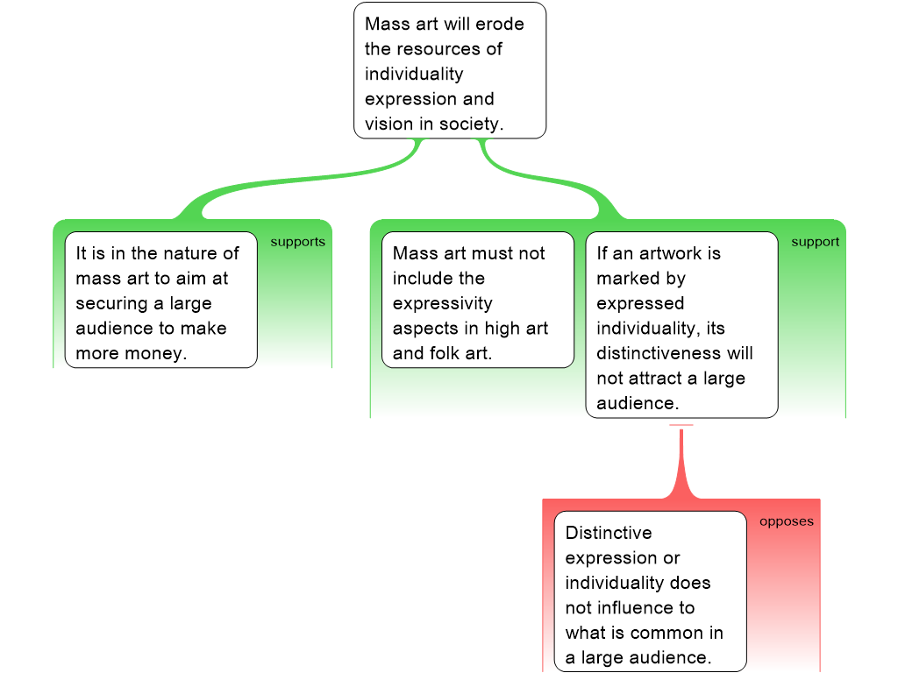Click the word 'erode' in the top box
500,24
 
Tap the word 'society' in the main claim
472,124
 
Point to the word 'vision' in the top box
388,124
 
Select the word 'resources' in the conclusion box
446,49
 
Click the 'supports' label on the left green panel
297,242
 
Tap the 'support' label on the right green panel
815,242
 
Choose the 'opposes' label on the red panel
786,521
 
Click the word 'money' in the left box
157,354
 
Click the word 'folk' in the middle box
445,354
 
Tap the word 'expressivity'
443,303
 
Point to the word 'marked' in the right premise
627,279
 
